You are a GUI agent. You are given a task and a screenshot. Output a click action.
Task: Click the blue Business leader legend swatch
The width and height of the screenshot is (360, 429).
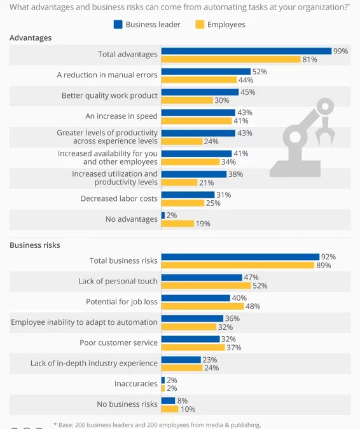tap(118, 25)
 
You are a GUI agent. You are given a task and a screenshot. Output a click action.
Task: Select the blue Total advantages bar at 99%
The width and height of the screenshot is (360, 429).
tap(246, 51)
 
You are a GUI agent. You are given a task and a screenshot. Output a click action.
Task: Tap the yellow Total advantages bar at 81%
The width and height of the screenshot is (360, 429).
tap(230, 59)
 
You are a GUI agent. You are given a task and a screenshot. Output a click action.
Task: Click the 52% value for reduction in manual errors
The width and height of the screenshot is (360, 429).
tap(259, 72)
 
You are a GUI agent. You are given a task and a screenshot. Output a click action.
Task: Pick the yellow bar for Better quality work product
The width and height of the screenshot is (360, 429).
tap(186, 100)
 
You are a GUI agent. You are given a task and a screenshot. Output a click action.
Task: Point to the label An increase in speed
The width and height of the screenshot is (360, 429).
tap(121, 116)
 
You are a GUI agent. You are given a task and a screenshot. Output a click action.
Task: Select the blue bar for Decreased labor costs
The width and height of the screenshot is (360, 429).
tap(188, 194)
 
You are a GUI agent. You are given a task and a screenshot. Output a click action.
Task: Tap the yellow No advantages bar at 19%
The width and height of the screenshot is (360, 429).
tap(177, 223)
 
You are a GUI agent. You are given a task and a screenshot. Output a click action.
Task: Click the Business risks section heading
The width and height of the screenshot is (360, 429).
tap(35, 245)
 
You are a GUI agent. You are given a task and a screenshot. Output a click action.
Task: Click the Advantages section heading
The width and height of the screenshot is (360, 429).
tap(31, 37)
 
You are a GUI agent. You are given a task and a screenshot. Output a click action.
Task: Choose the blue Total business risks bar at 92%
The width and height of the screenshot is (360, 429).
tap(240, 257)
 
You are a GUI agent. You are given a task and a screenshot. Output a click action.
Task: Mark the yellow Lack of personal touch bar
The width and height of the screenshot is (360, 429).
tap(205, 285)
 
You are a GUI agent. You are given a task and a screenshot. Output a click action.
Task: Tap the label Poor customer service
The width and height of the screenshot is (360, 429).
tap(118, 343)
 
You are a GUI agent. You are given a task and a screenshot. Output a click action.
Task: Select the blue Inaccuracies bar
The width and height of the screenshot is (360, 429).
tap(163, 380)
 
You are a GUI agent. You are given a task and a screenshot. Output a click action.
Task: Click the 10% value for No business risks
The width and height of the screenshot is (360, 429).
tap(188, 409)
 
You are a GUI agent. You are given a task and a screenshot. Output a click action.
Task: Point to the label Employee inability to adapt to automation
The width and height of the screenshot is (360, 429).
tap(84, 322)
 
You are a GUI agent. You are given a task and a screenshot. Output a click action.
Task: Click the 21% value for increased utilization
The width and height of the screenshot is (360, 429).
tap(206, 182)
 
